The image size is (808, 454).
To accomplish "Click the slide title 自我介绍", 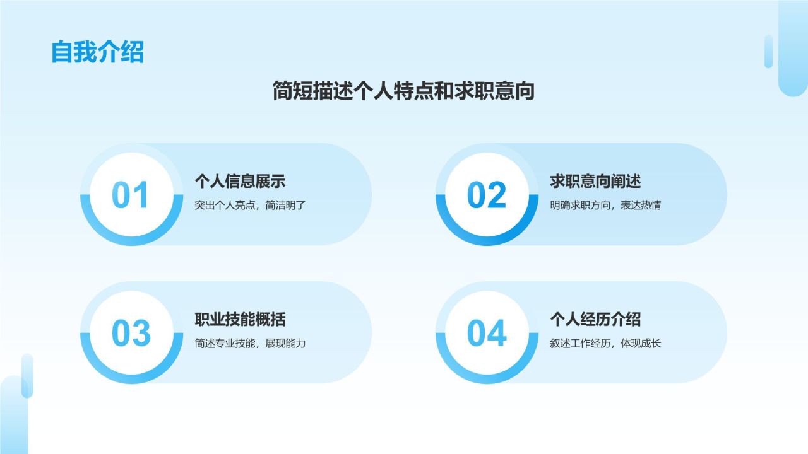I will point(97,52).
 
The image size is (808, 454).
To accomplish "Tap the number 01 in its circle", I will point(131,195).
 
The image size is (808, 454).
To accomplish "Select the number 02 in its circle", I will point(486,195).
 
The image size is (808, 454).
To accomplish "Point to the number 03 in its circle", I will point(131,333).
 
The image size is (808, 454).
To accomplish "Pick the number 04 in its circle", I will point(486,333).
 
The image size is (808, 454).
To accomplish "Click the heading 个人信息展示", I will point(240,182).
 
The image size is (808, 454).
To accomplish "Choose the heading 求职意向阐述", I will point(595,182).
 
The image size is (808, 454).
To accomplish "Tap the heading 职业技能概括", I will point(240,320).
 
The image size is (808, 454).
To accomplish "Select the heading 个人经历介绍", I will point(595,320).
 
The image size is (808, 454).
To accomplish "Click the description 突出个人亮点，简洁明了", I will point(250,205).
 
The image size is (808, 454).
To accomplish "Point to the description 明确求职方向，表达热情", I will point(605,205).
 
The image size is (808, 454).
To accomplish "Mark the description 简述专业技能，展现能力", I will point(250,344).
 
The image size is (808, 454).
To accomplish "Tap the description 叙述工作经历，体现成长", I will point(605,344).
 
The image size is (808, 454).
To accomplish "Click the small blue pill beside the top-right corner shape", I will point(768,51).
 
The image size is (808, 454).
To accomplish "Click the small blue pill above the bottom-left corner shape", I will point(27,375).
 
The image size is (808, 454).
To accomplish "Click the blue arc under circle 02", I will point(487,240).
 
